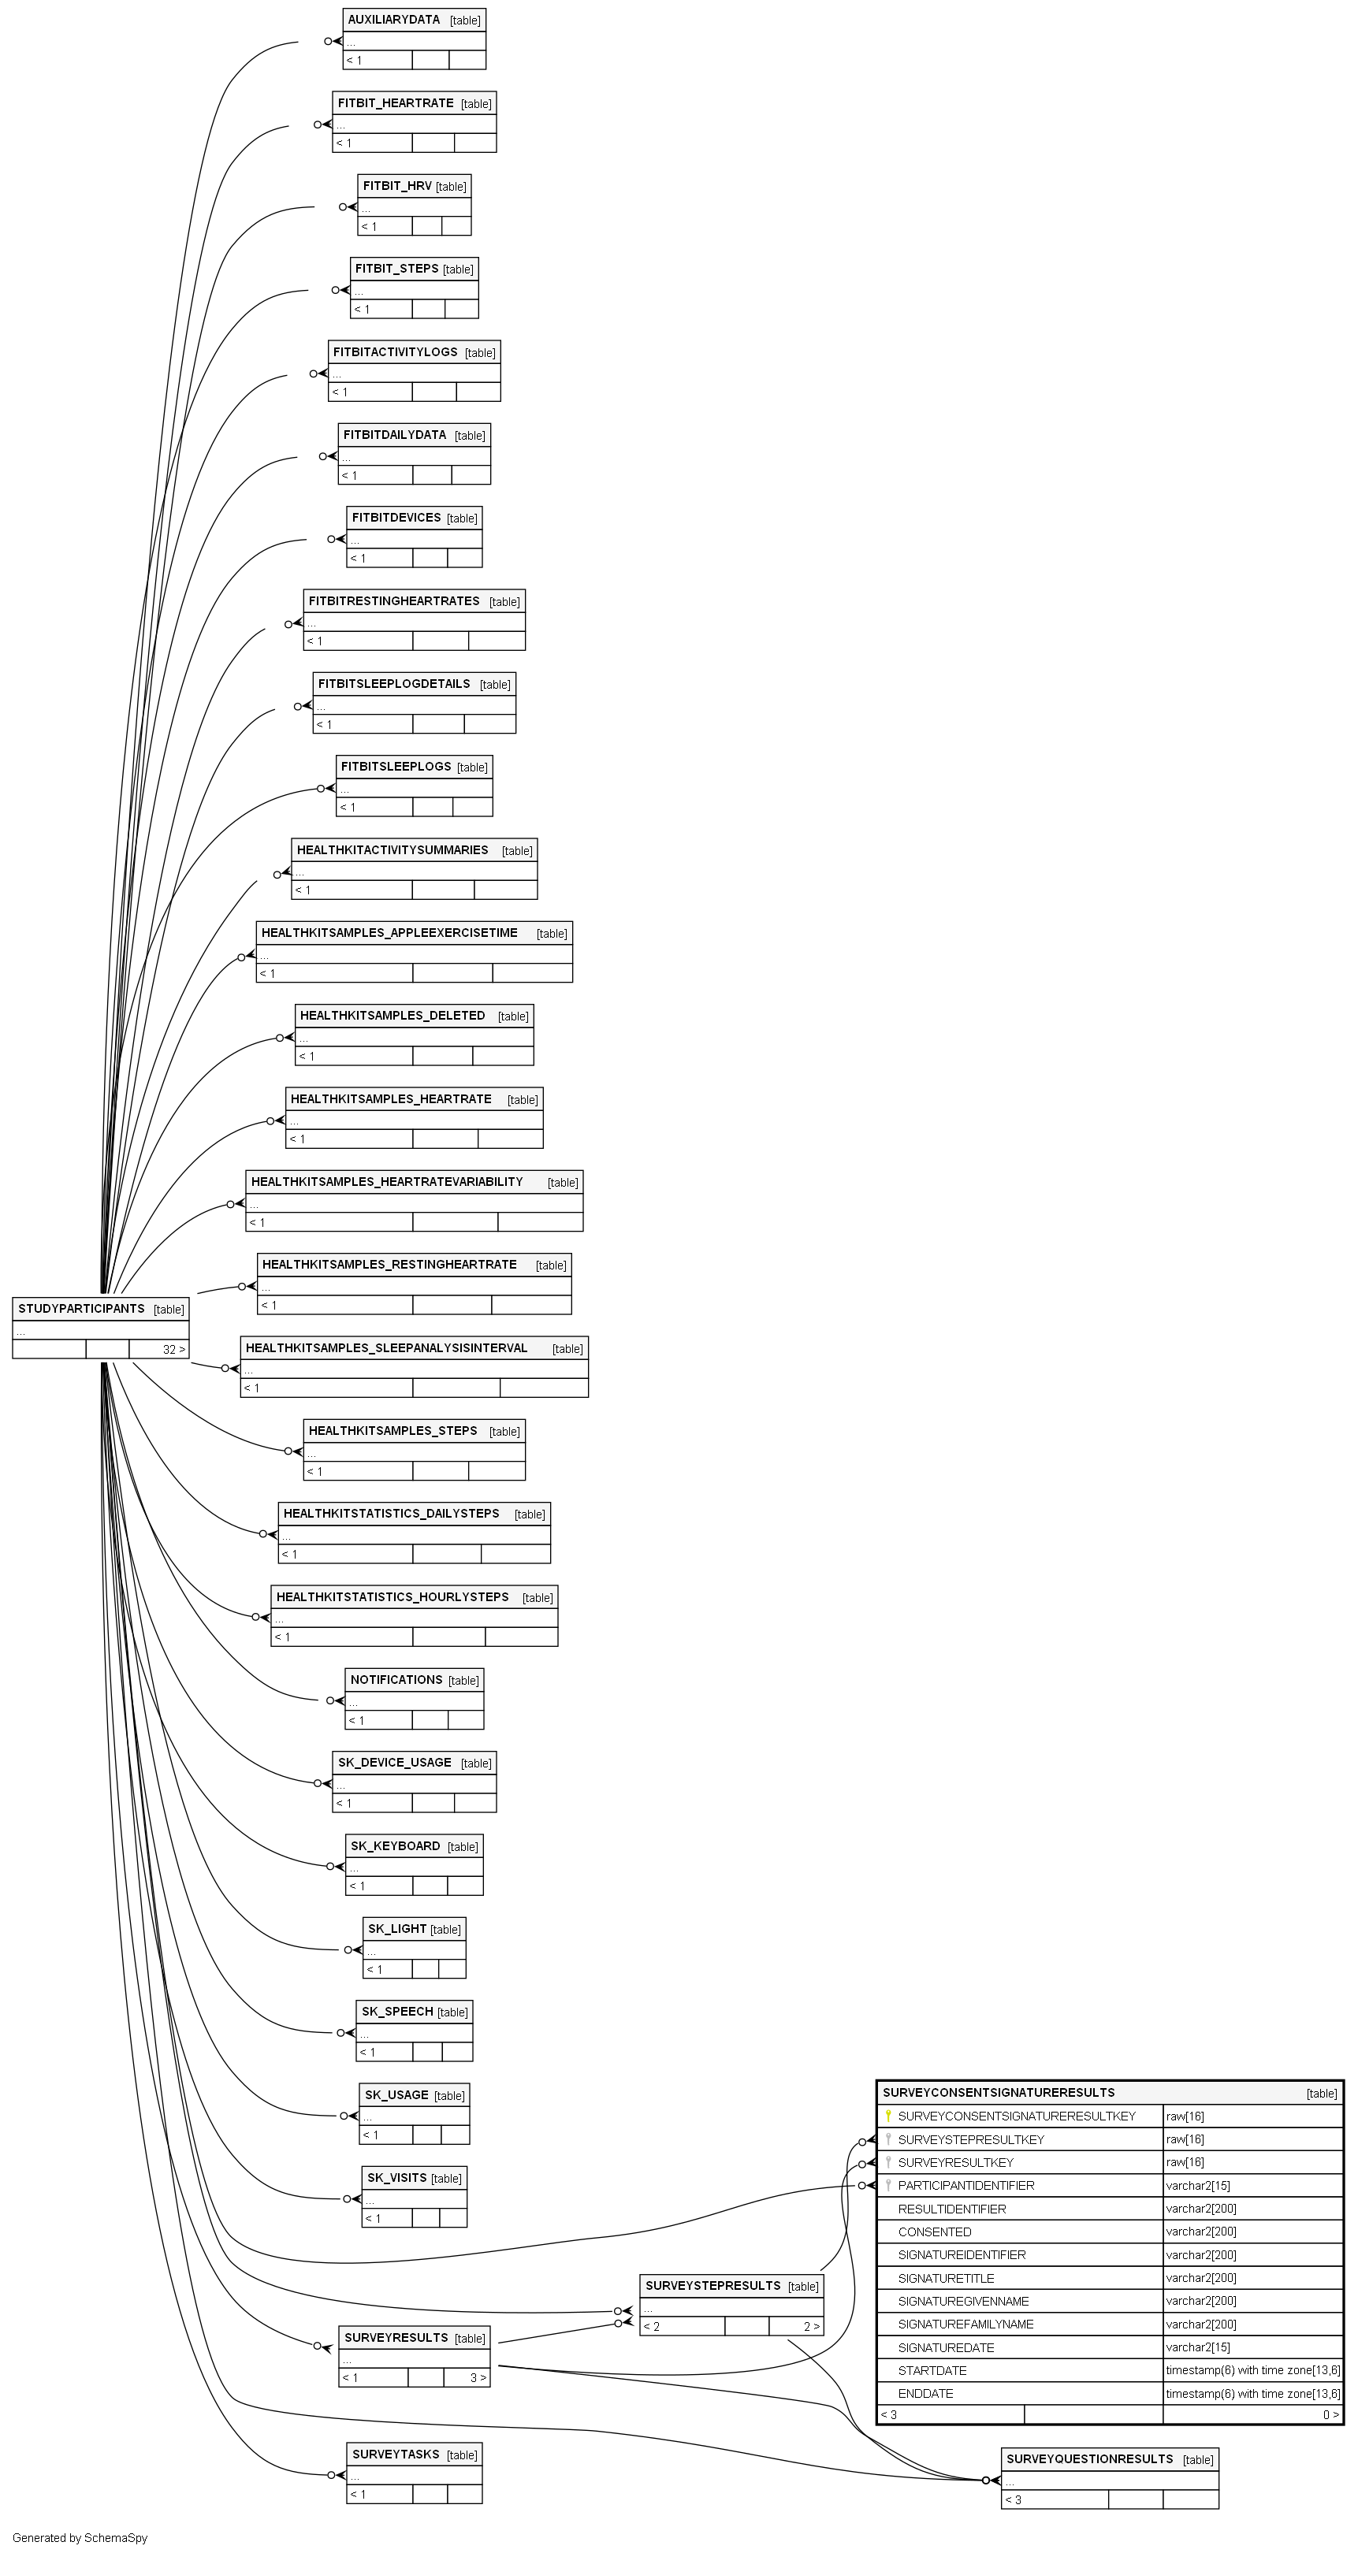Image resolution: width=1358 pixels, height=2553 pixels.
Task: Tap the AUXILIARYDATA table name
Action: click(393, 20)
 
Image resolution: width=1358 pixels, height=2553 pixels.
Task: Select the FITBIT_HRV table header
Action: click(397, 185)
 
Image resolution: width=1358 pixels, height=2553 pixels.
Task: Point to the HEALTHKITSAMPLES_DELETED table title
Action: click(393, 1015)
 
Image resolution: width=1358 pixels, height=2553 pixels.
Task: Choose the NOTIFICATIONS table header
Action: click(396, 1679)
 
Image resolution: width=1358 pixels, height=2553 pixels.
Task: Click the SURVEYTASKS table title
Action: click(396, 2454)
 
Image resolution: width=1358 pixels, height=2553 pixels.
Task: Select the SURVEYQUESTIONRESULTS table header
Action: click(1089, 2459)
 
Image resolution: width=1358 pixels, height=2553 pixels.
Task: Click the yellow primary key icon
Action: click(888, 2116)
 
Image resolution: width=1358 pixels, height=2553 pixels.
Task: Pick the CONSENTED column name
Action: click(935, 2231)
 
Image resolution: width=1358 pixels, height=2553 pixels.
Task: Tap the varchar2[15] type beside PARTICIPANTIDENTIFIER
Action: click(1197, 2185)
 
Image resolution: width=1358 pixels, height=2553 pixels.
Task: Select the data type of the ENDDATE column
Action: click(1253, 2394)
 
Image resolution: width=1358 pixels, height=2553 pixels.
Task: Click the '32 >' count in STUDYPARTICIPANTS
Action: click(174, 1349)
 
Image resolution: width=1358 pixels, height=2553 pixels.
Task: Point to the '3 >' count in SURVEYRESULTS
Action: click(478, 2376)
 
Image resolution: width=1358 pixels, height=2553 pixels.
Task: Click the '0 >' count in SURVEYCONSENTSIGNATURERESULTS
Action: click(1331, 2414)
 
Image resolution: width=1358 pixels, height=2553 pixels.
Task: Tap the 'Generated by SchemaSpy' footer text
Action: click(80, 2537)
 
